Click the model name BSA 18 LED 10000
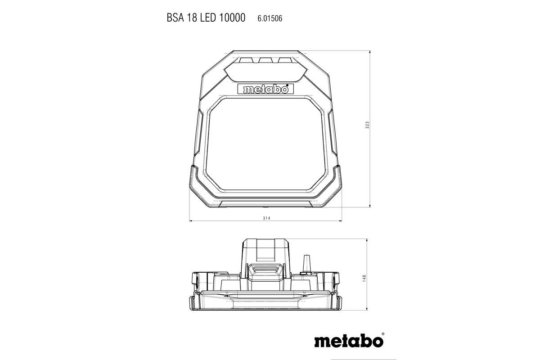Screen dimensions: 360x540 [x=206, y=18]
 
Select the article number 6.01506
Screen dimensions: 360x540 [x=270, y=18]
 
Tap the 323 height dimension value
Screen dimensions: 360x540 [x=368, y=125]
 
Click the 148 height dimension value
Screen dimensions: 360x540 [x=364, y=279]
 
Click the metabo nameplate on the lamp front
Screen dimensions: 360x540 [x=265, y=89]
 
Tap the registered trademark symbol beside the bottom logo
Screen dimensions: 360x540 [x=382, y=334]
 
